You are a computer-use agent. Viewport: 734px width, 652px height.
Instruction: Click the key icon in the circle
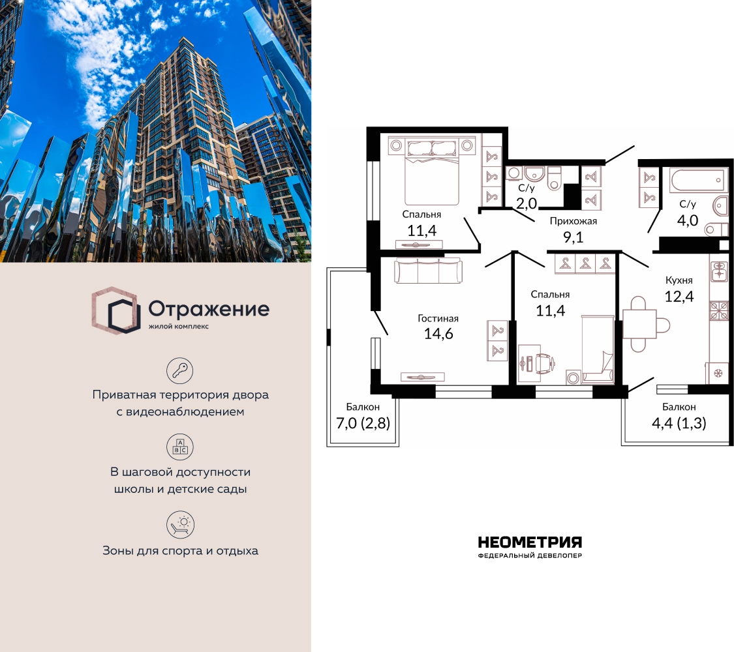tap(180, 370)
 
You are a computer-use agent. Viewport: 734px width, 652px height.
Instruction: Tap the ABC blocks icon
tap(180, 447)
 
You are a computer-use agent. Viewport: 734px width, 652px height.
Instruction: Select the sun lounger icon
tap(180, 525)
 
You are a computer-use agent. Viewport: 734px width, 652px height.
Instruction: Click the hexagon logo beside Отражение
tap(115, 310)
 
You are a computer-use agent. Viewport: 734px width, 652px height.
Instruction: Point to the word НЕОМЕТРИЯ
tap(529, 542)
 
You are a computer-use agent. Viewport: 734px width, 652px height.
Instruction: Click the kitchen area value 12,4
tap(679, 296)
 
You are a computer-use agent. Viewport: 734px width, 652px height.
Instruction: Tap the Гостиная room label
tap(438, 319)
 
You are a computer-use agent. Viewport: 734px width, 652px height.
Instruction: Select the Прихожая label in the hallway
tap(573, 221)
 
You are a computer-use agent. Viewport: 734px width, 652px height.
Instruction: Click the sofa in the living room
tap(428, 271)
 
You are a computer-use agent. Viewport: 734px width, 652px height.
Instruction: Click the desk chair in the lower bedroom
tap(545, 362)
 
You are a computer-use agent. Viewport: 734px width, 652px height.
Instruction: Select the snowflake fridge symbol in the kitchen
tap(717, 374)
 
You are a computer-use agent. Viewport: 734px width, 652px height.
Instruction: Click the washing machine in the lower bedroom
tap(573, 377)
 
